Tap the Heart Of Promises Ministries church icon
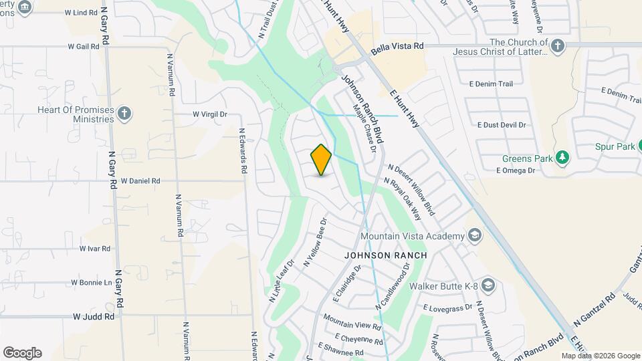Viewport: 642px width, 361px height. point(124,113)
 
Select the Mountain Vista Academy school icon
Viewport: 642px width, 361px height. point(474,235)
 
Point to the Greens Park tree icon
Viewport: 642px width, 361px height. point(563,158)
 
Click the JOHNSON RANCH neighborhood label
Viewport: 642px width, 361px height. point(385,255)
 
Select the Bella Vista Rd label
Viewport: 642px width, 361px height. point(398,46)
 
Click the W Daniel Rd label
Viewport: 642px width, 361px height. point(140,180)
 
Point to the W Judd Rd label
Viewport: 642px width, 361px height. point(94,316)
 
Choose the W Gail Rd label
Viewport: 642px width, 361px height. point(84,47)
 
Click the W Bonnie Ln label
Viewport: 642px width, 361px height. point(92,283)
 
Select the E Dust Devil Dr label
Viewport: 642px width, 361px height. point(502,125)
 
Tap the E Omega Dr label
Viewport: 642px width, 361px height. point(516,170)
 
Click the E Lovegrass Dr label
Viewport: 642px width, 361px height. point(448,307)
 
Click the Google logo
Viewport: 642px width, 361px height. point(22,353)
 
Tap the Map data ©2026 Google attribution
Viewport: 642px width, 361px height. point(601,356)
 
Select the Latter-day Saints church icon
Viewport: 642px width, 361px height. point(558,45)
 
